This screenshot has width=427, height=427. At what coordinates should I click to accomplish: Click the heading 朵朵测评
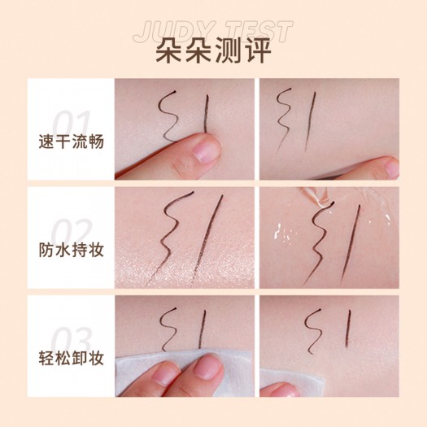click(x=213, y=50)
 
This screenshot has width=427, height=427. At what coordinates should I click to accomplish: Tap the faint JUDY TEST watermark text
click(x=213, y=32)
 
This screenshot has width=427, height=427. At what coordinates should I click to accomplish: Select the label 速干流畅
click(x=72, y=142)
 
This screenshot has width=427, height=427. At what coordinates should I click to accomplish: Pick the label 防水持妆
click(x=72, y=250)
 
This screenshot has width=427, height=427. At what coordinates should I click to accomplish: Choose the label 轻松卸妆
click(x=72, y=358)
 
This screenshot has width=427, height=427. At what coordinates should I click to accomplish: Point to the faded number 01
click(x=72, y=123)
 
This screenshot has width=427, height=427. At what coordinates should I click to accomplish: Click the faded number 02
click(x=72, y=232)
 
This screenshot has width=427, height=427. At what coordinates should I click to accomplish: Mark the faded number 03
click(x=72, y=340)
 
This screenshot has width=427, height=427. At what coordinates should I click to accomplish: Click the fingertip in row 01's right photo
click(x=390, y=166)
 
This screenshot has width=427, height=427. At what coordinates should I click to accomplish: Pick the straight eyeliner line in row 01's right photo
click(x=310, y=122)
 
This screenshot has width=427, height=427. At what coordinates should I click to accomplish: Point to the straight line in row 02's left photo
click(x=207, y=240)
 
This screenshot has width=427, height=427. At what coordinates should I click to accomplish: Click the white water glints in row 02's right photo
click(x=283, y=233)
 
